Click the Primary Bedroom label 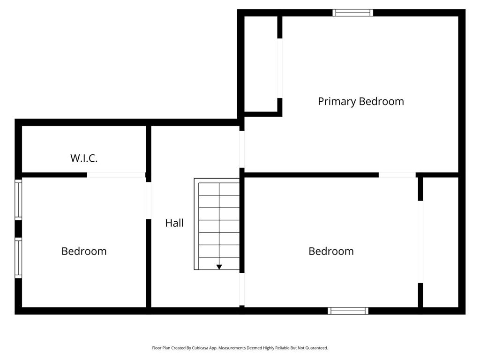pyautogui.click(x=360, y=101)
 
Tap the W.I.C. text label pyautogui.click(x=84, y=158)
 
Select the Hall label pyautogui.click(x=174, y=223)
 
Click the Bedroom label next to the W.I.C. pyautogui.click(x=84, y=251)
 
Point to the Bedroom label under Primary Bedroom pyautogui.click(x=331, y=251)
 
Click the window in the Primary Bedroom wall pyautogui.click(x=352, y=13)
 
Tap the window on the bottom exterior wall pyautogui.click(x=348, y=311)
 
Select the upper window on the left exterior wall pyautogui.click(x=18, y=200)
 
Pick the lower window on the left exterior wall pyautogui.click(x=18, y=258)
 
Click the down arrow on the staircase pyautogui.click(x=219, y=267)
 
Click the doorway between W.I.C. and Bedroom pyautogui.click(x=116, y=175)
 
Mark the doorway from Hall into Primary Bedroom pyautogui.click(x=242, y=149)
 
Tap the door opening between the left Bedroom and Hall pyautogui.click(x=149, y=201)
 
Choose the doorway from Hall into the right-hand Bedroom pyautogui.click(x=242, y=289)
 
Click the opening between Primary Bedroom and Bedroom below pyautogui.click(x=397, y=175)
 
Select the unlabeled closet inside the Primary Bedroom pyautogui.click(x=261, y=64)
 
